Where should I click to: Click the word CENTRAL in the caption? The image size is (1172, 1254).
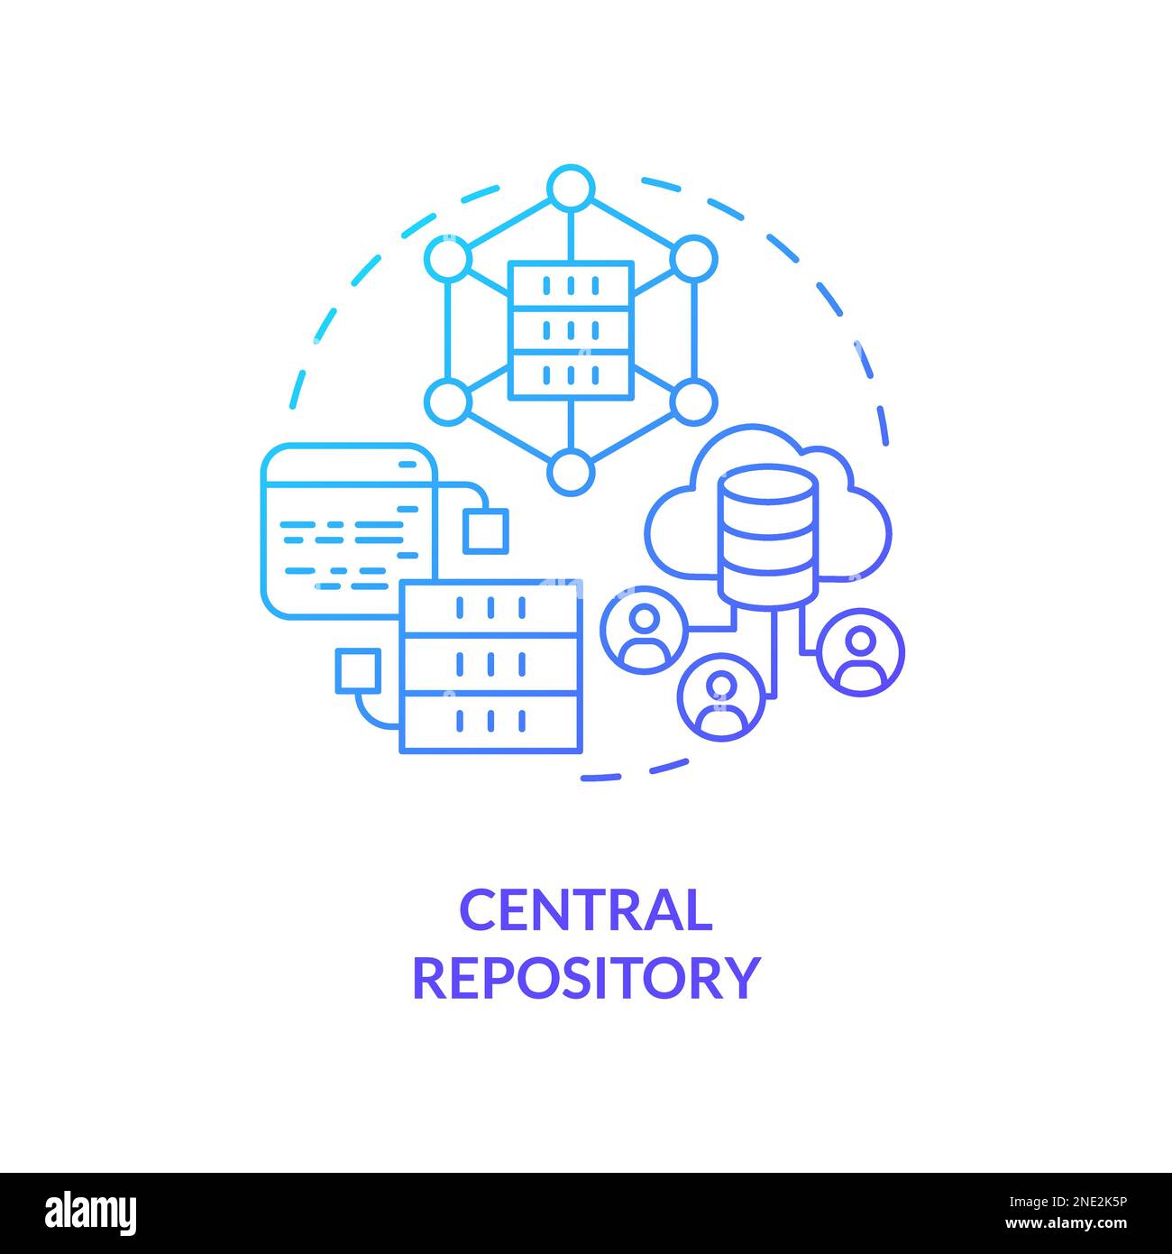[x=586, y=910]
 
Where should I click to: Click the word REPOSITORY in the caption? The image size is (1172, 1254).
[x=586, y=977]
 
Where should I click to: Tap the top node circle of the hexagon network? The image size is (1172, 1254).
[x=570, y=189]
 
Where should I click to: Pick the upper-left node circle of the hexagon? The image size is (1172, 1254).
[x=448, y=260]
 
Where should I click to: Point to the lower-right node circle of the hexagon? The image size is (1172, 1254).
[x=693, y=401]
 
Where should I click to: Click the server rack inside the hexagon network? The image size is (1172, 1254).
[x=570, y=330]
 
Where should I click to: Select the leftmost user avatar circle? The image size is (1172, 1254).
[x=644, y=629]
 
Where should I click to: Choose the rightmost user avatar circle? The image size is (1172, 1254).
[x=860, y=651]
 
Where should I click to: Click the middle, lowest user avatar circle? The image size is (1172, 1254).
[x=721, y=696]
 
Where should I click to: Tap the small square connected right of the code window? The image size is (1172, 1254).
[x=485, y=530]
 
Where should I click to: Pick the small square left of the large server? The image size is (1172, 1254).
[x=357, y=670]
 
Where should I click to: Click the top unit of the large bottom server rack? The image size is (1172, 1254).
[x=490, y=607]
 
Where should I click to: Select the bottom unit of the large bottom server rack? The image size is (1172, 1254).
[x=490, y=722]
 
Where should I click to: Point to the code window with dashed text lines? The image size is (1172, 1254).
[x=347, y=530]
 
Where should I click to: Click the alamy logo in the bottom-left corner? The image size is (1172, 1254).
[x=90, y=1212]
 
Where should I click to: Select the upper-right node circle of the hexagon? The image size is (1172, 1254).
[x=693, y=260]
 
